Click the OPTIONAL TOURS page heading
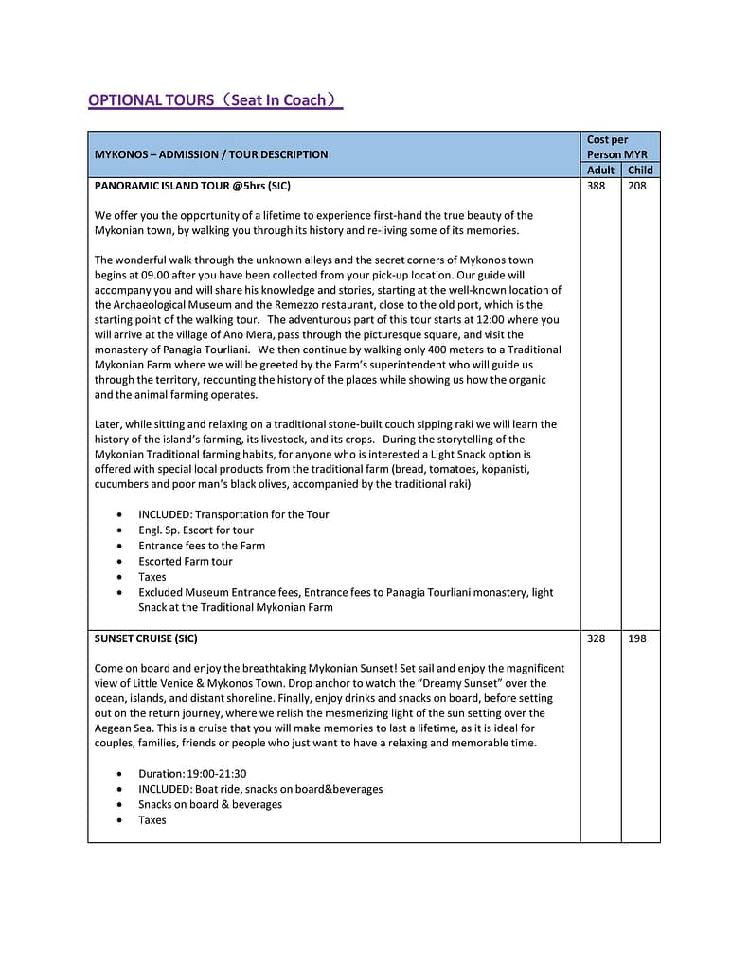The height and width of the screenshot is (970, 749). coord(214,99)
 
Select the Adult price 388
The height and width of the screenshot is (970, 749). coord(596,186)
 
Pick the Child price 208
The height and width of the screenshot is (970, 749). coord(637,186)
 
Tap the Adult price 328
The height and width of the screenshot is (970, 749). coord(596,638)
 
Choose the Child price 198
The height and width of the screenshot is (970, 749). coord(637,638)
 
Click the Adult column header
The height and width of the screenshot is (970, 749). coord(600,171)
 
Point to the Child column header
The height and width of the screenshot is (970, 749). coord(640,171)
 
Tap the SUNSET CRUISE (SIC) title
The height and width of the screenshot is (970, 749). coord(146,638)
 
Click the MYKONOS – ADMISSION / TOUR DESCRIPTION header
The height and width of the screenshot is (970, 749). coord(211,154)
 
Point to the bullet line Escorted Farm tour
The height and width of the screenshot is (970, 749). coord(186,561)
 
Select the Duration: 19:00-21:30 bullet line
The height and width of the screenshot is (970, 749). coord(192,774)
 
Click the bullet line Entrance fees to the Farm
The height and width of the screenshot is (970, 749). coord(202,546)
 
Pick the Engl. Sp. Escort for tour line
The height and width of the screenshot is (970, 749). coord(196,530)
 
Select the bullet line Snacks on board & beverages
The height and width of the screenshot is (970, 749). coord(210,804)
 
